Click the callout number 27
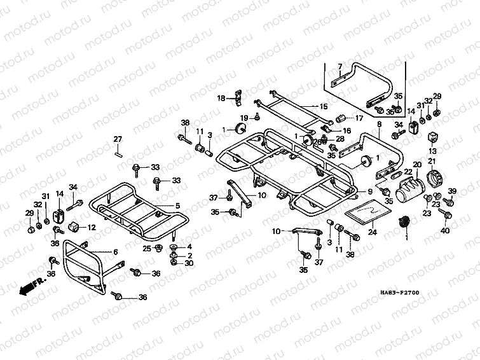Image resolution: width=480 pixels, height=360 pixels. (118, 139)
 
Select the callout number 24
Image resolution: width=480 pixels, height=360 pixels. (373, 232)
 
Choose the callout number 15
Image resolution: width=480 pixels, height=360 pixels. (324, 106)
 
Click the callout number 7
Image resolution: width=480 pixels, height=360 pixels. (339, 67)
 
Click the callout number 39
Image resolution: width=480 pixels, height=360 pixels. (453, 191)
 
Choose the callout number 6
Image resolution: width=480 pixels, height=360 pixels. (115, 253)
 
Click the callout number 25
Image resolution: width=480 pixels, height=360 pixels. (146, 247)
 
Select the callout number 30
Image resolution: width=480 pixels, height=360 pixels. (189, 263)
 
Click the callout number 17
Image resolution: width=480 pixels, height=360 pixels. (359, 118)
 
